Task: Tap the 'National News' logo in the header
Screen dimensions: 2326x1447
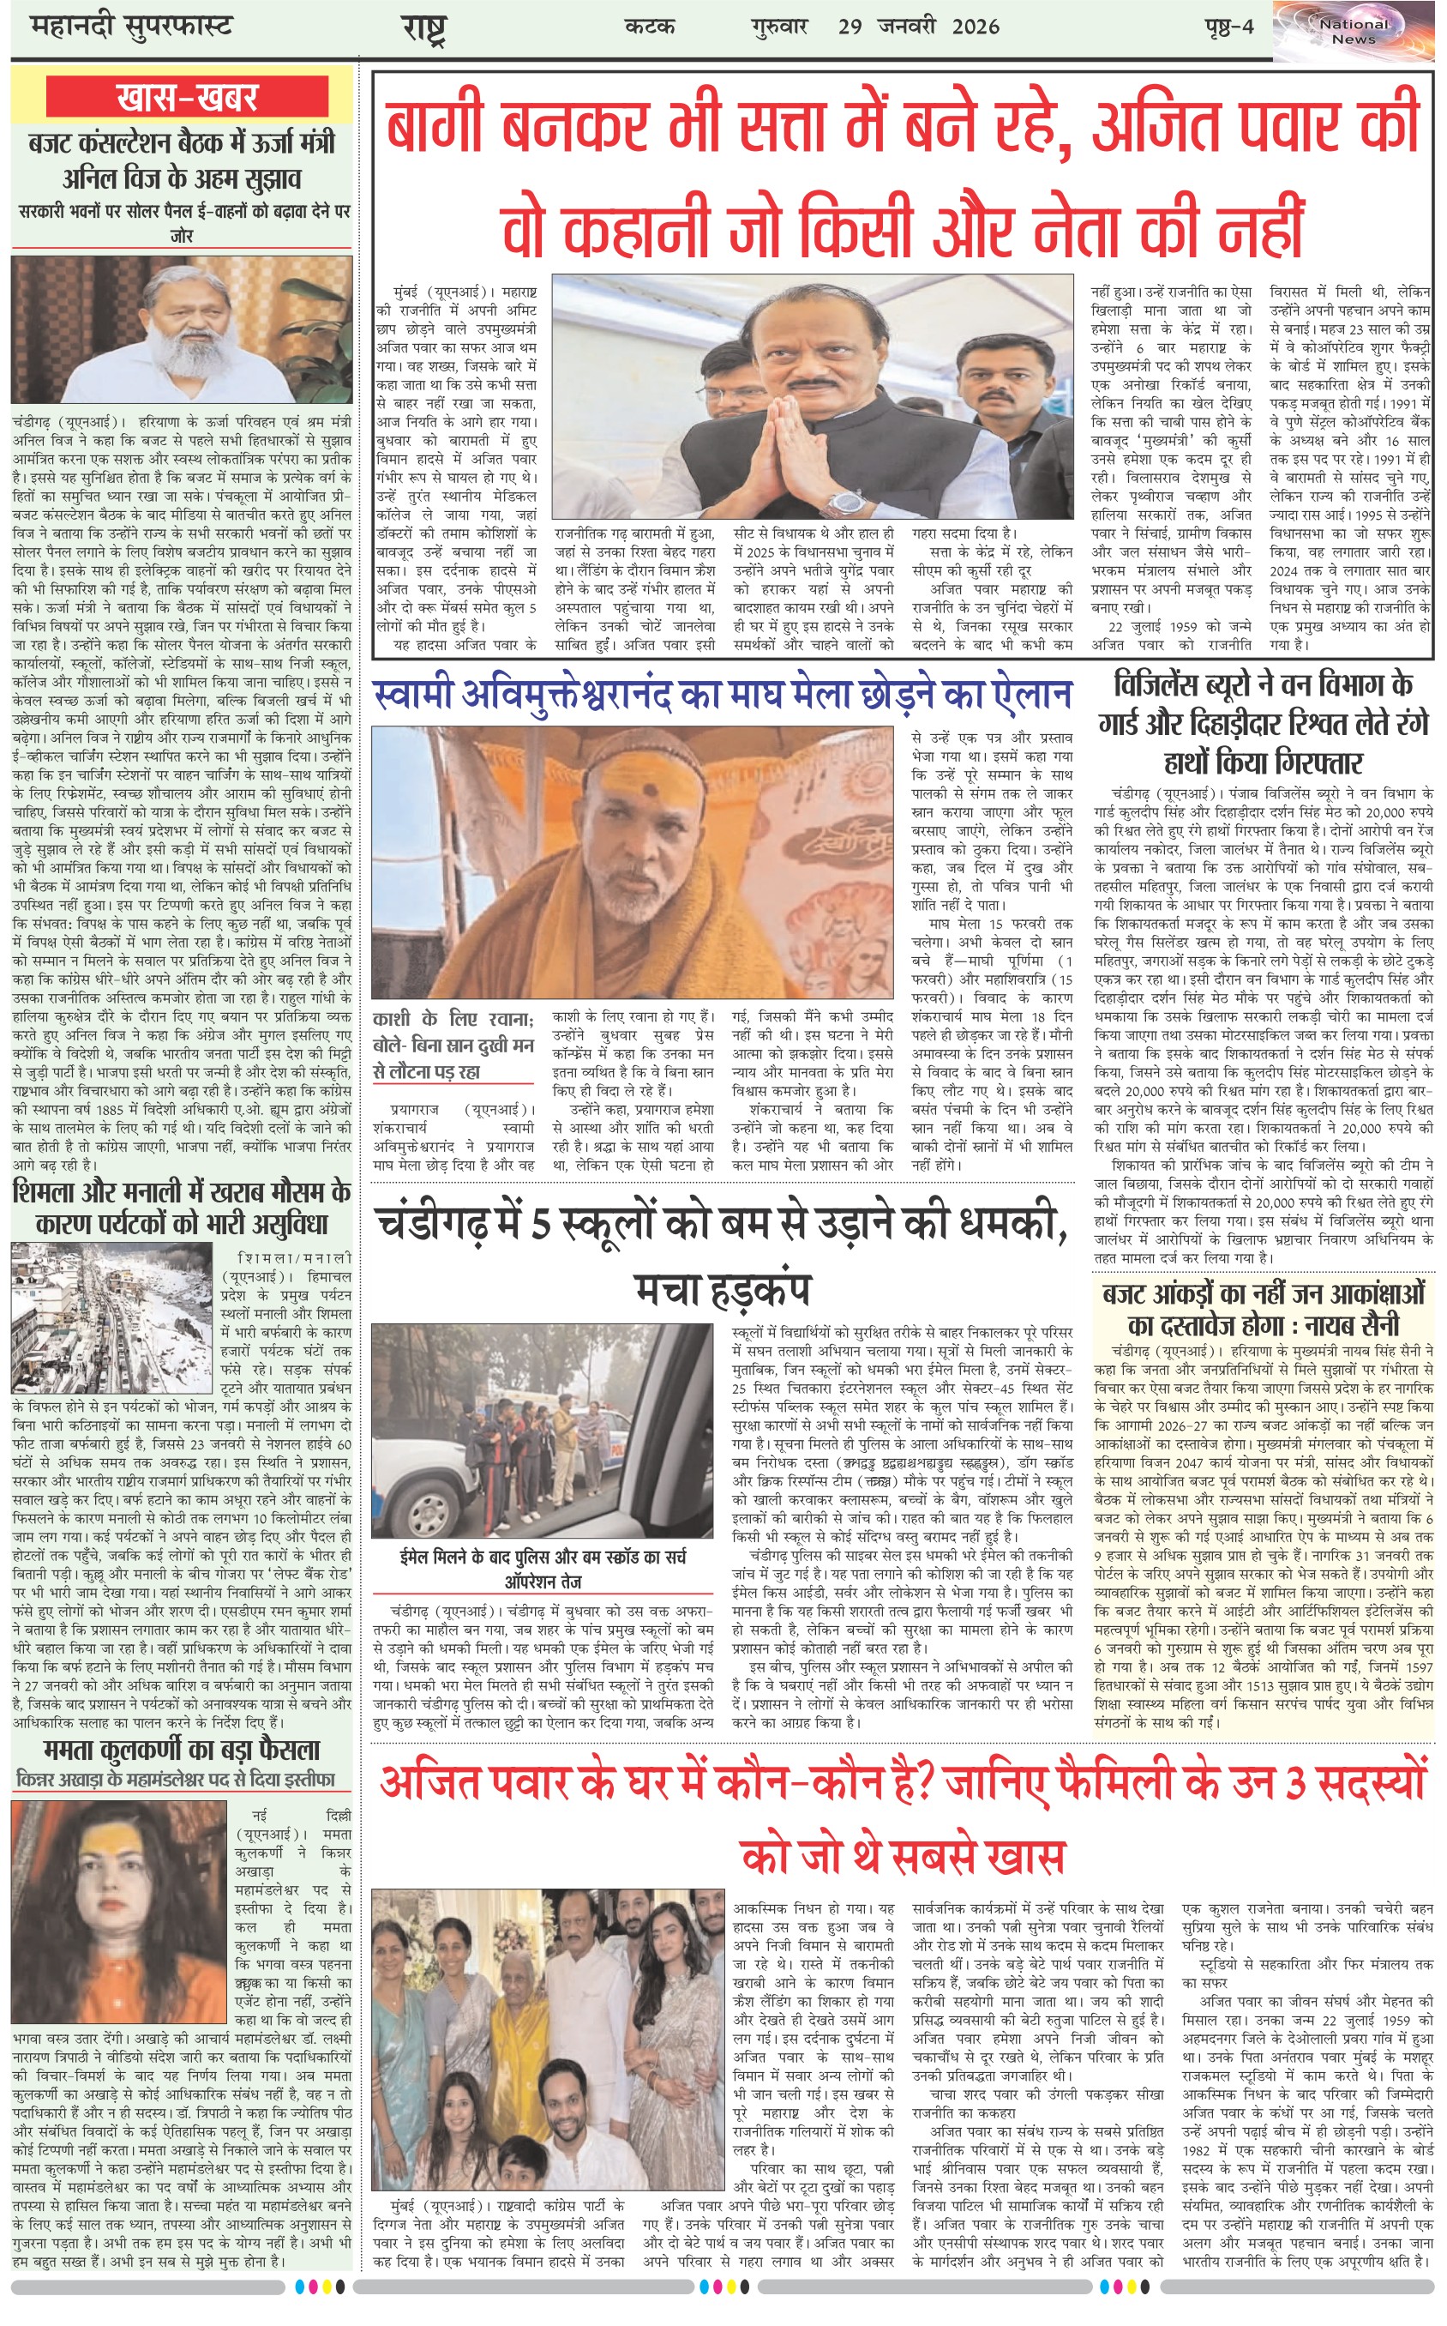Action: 1354,32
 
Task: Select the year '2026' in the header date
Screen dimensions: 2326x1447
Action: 976,26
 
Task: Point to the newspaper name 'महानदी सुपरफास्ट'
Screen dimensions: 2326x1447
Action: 131,26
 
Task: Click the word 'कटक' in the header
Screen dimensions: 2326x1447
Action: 650,26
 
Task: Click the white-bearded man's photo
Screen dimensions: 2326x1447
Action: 183,332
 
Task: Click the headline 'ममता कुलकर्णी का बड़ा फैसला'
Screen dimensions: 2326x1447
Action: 182,1751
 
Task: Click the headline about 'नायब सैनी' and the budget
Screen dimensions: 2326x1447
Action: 1264,1309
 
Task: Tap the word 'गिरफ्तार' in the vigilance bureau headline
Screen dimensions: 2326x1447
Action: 1264,762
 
